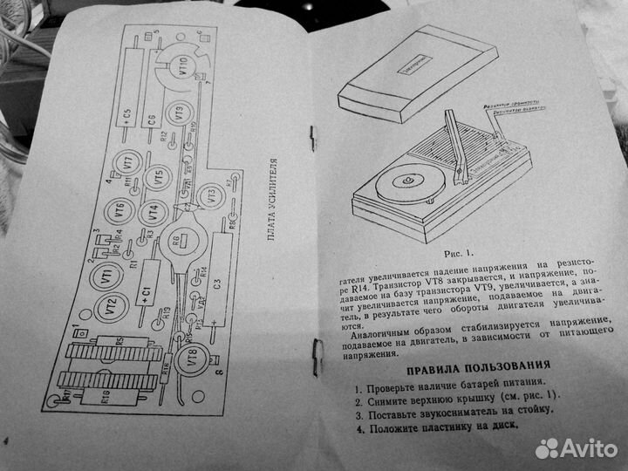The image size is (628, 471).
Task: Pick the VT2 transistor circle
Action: click(x=111, y=307)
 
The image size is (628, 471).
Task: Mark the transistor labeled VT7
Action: click(x=128, y=161)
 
